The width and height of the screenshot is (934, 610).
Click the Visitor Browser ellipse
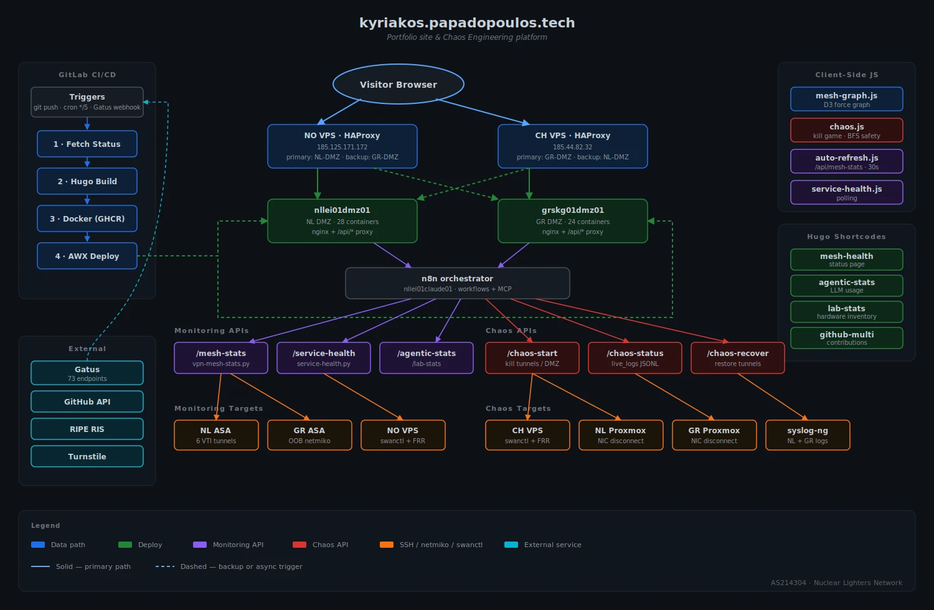[399, 84]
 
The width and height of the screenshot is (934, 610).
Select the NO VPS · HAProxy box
[342, 146]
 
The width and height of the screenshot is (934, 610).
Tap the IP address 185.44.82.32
[573, 148]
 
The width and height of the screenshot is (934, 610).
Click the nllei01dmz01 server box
[342, 220]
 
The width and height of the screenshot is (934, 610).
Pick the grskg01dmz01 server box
[573, 220]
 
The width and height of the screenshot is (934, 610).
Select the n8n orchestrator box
[458, 283]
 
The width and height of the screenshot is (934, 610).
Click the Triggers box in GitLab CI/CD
[87, 101]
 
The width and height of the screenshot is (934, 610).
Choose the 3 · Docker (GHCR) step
[87, 218]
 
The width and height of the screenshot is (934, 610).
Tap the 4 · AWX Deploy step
[87, 256]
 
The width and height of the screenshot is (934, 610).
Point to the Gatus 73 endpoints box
[87, 373]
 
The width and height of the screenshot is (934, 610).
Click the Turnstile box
[87, 456]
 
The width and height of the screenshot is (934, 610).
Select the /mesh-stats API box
[221, 357]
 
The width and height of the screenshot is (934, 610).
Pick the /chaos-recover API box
[738, 357]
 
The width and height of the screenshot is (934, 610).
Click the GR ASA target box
[309, 434]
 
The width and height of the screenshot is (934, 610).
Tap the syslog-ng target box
[808, 434]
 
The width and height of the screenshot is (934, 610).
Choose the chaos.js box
[847, 130]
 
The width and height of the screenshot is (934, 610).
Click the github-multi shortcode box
[847, 338]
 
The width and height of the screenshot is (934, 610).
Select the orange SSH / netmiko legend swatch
[387, 545]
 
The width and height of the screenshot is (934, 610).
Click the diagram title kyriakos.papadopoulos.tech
[467, 23]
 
